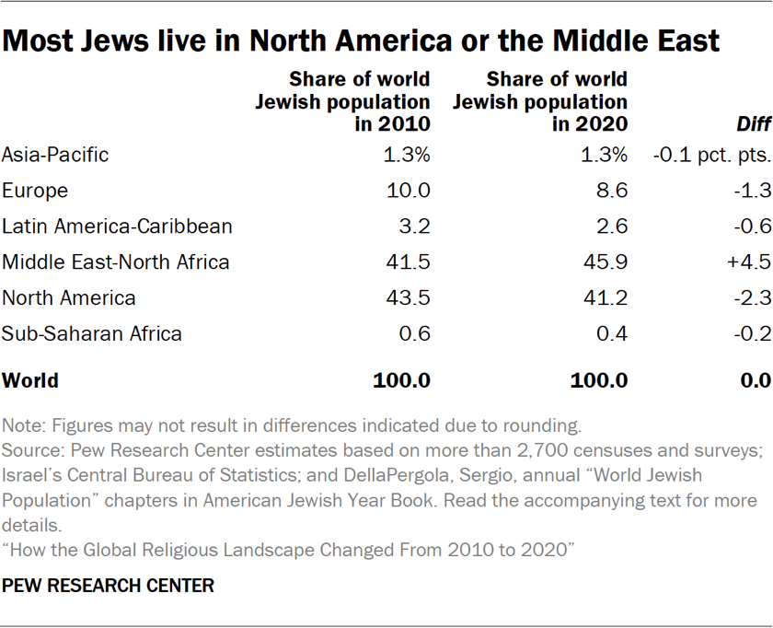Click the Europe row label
36,191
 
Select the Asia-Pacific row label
55,155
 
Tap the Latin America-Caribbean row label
117,227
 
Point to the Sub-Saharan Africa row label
92,333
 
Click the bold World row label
30,380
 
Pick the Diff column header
752,124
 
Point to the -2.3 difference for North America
749,298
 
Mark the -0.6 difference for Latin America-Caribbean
749,227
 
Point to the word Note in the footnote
22,426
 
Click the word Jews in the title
120,41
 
